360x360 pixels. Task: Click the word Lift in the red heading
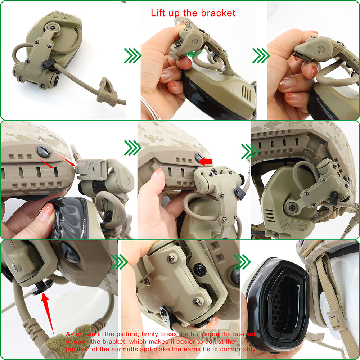point(159,13)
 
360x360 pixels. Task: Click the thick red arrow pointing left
point(205,162)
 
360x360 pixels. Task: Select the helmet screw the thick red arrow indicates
point(198,157)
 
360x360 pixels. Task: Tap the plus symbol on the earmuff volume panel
point(287,225)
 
